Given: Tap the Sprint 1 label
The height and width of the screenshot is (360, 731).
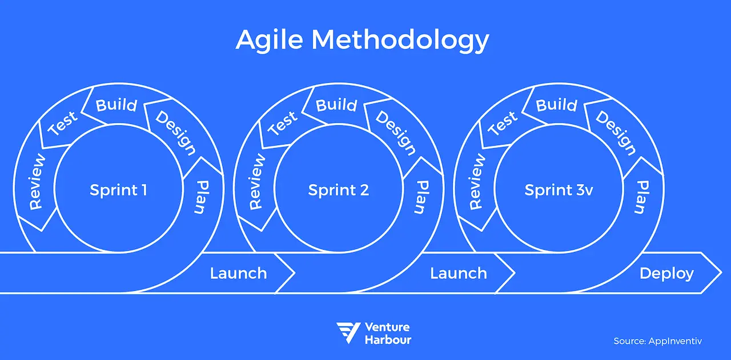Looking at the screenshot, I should (118, 190).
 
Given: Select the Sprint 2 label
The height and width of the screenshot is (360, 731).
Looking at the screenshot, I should (339, 190).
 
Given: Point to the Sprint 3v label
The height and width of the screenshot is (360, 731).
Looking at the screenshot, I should (559, 190).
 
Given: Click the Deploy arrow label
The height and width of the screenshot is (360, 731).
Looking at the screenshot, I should (666, 273).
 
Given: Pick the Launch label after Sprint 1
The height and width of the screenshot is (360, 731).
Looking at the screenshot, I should (238, 273).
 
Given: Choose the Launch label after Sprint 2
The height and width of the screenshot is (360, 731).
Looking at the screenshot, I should (459, 273).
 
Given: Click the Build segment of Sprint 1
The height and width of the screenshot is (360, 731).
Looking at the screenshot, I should (117, 105).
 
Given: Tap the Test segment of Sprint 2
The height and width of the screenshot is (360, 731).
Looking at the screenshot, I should (283, 123).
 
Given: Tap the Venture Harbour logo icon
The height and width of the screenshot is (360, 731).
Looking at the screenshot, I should (348, 333).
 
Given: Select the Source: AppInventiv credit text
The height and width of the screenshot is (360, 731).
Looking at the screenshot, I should (657, 341).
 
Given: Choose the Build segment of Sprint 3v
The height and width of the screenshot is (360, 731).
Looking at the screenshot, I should (557, 105).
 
